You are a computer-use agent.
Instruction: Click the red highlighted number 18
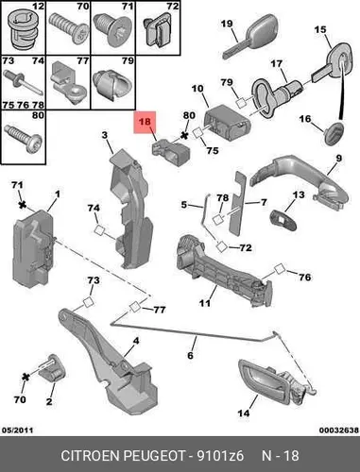[145, 121]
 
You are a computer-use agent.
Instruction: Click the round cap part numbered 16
[334, 133]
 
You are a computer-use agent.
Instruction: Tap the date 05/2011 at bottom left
[17, 430]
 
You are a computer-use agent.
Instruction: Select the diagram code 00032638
[339, 430]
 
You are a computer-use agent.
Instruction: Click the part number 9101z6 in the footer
[220, 456]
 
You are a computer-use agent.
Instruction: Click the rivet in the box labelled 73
[23, 83]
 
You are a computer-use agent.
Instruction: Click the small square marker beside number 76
[279, 270]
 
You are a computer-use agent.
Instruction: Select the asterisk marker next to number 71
[22, 205]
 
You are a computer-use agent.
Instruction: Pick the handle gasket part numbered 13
[283, 219]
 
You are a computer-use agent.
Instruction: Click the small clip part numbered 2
[53, 369]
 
